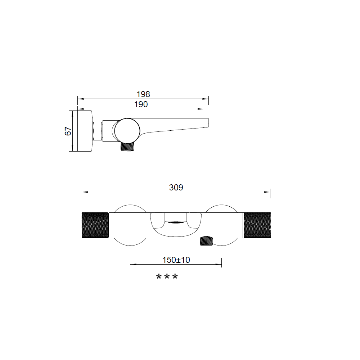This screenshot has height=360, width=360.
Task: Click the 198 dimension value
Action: tap(143, 94)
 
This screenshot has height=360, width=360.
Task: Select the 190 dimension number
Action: tap(141, 104)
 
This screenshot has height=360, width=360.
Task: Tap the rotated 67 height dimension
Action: tap(68, 131)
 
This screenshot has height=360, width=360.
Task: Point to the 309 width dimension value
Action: tap(176, 187)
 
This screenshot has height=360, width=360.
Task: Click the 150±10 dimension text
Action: tap(176, 260)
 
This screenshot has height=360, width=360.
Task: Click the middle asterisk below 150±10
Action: tap(167, 276)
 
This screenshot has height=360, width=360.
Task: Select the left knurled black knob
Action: tap(95, 225)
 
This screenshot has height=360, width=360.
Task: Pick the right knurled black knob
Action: tap(257, 225)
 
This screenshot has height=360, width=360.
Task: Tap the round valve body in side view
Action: tap(127, 131)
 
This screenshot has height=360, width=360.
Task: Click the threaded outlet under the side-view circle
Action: tap(127, 147)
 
